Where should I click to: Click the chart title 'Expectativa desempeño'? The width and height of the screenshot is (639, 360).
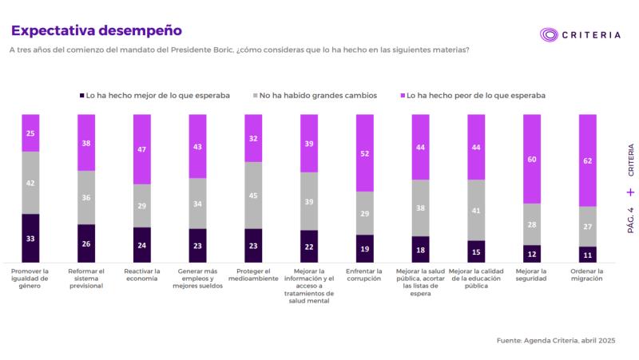tap(96, 30)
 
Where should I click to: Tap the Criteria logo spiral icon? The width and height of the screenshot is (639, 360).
tap(549, 35)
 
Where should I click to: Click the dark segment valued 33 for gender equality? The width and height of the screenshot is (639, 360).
tap(30, 238)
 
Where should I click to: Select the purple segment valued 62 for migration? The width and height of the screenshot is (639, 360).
tap(588, 160)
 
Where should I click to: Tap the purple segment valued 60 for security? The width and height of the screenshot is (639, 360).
tap(532, 158)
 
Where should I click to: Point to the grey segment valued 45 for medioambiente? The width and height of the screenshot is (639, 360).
tap(253, 195)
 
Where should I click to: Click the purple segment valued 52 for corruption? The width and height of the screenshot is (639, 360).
tap(365, 152)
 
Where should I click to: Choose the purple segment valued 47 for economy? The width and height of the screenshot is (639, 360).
tap(142, 148)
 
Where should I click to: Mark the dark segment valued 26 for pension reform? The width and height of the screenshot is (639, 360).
tap(86, 243)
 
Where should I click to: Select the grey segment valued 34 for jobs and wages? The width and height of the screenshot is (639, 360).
tap(197, 203)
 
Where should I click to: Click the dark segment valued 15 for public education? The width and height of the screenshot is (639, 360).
tap(476, 251)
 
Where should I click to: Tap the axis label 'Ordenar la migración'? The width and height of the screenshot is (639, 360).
tap(588, 275)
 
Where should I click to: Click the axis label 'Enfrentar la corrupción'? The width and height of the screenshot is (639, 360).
tap(365, 275)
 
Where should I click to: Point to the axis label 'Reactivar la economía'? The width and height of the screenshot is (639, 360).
tap(142, 275)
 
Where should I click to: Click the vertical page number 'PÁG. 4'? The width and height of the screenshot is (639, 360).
tap(630, 220)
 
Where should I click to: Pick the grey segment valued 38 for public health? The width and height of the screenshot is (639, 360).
tap(421, 208)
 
